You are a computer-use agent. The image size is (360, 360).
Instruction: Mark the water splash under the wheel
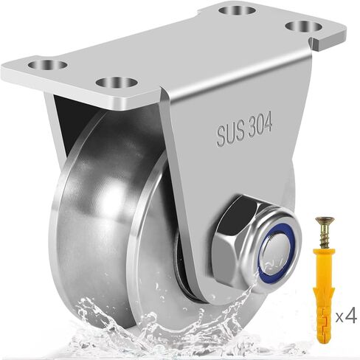[148, 325]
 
